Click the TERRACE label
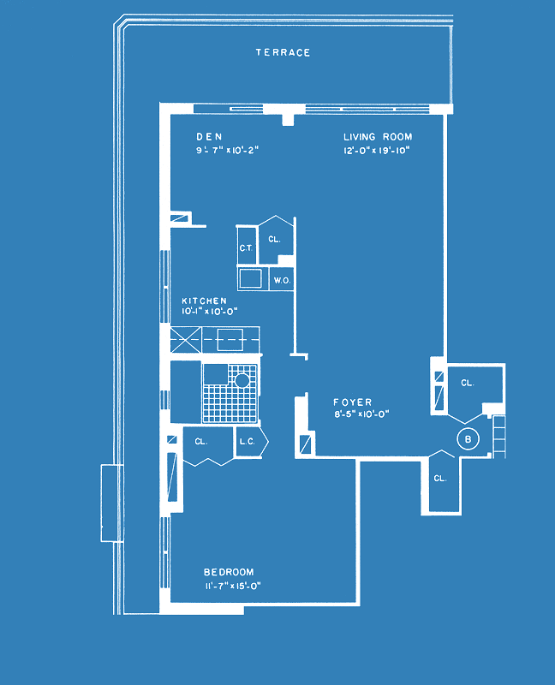tap(283, 52)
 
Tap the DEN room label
tap(209, 137)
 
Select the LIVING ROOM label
tap(378, 137)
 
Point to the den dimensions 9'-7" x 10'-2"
tap(227, 151)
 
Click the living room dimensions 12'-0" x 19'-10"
tap(376, 151)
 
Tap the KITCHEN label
tap(204, 301)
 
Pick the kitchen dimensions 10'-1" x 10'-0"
tap(209, 312)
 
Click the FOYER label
tap(352, 402)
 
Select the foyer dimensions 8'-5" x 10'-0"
tap(361, 414)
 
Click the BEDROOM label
tap(229, 572)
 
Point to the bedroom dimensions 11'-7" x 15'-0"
tap(233, 586)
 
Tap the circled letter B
tap(468, 439)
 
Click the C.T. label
tap(246, 248)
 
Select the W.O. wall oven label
tap(282, 281)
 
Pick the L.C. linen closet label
tap(247, 442)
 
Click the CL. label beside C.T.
tap(274, 240)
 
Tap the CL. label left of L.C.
tap(200, 442)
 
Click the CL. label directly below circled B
tap(440, 479)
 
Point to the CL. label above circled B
tap(467, 383)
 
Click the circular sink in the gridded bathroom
tap(242, 380)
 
